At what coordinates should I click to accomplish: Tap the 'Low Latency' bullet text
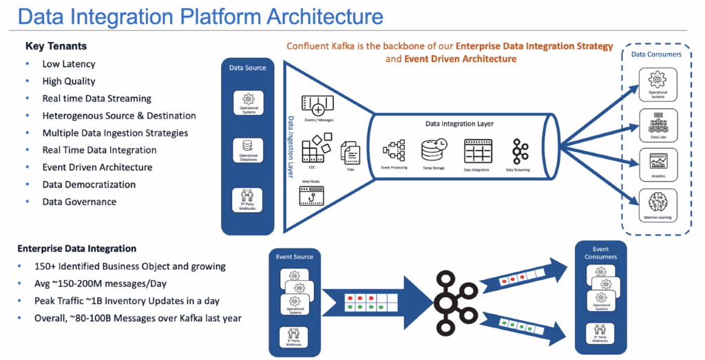(x=69, y=64)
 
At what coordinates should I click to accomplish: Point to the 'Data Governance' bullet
(x=79, y=202)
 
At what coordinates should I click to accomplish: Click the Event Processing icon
(x=394, y=150)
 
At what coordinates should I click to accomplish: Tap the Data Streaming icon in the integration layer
(x=518, y=150)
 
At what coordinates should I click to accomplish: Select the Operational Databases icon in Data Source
(x=249, y=147)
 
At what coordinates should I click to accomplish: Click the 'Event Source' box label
(x=295, y=257)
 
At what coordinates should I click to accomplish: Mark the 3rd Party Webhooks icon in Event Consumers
(x=600, y=332)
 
